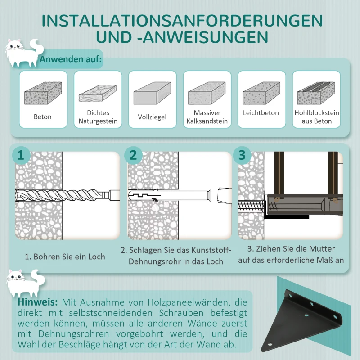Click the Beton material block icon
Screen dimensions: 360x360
coord(43,94)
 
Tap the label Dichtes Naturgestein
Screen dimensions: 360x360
coord(98,117)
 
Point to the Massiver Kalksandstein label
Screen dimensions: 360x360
coord(207,117)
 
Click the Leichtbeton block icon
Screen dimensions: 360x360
coord(261,94)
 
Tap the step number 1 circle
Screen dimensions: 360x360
coord(20,155)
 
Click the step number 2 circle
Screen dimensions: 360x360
coord(133,155)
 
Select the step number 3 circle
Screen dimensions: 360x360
coord(242,155)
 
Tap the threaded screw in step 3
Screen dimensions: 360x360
coord(252,207)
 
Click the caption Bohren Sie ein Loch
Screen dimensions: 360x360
coord(65,256)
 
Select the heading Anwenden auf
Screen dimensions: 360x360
coord(71,59)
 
